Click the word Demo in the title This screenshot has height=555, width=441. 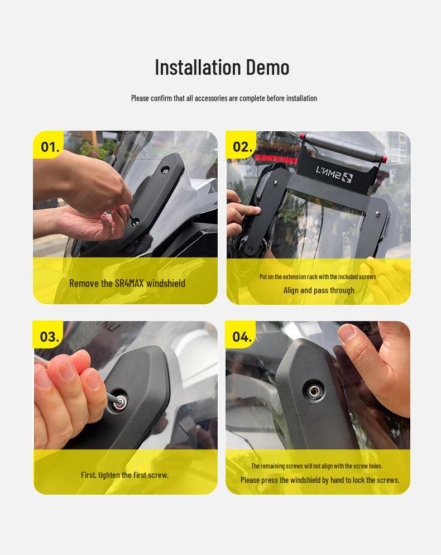point(267,67)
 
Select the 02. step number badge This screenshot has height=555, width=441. point(242,145)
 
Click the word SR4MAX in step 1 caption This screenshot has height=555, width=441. point(130,283)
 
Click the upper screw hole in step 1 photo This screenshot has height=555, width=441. point(165,171)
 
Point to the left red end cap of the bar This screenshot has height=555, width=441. point(302,136)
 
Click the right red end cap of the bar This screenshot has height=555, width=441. point(384,158)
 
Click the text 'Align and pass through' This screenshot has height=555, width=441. point(319,290)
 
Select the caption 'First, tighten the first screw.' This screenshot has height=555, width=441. point(124,475)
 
